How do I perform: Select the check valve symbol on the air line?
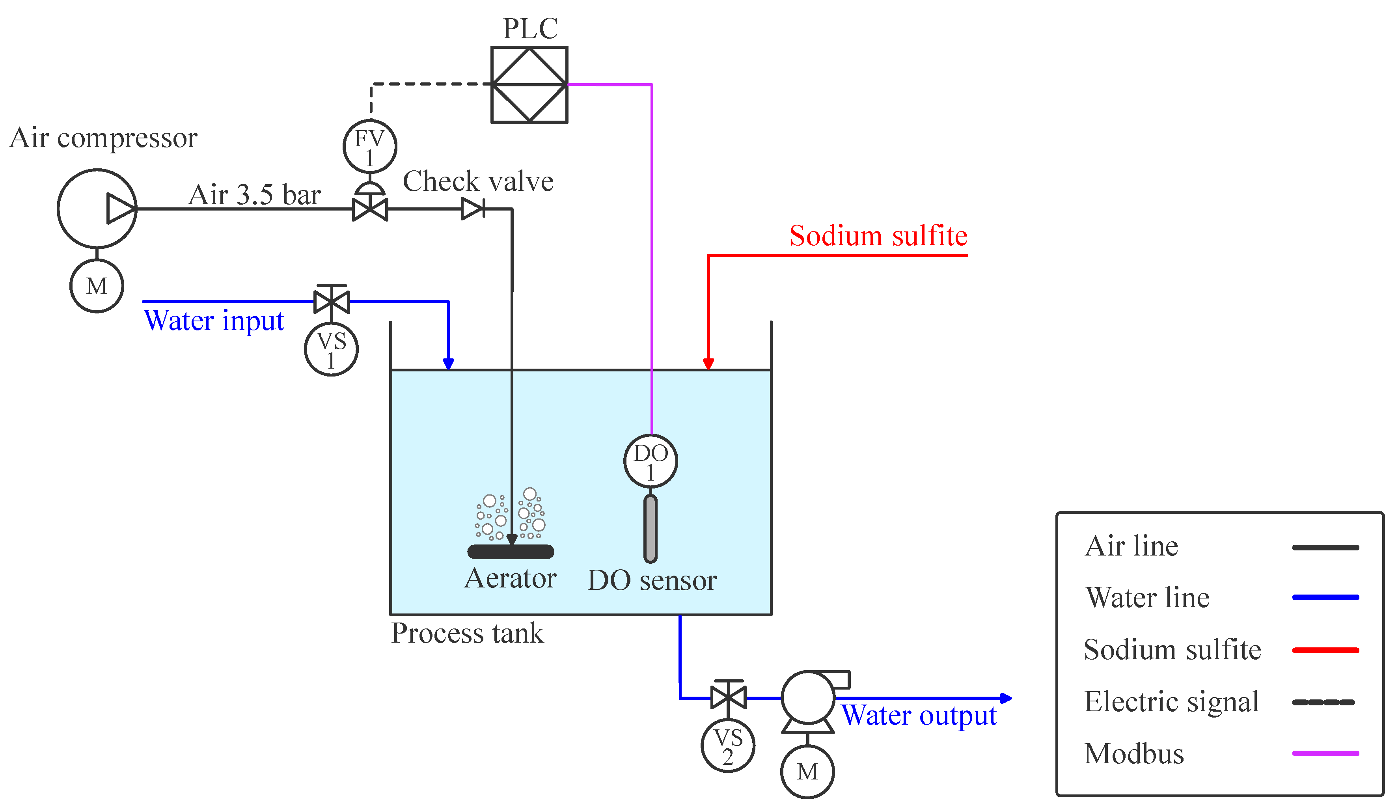[473, 209]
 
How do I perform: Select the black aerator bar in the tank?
[511, 552]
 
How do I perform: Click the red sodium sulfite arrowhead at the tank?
[708, 364]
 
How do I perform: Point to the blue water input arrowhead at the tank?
[448, 364]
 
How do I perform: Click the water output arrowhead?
[1006, 698]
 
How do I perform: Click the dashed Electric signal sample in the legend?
[1323, 702]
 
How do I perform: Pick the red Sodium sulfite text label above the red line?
[879, 235]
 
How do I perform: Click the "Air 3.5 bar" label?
[255, 195]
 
